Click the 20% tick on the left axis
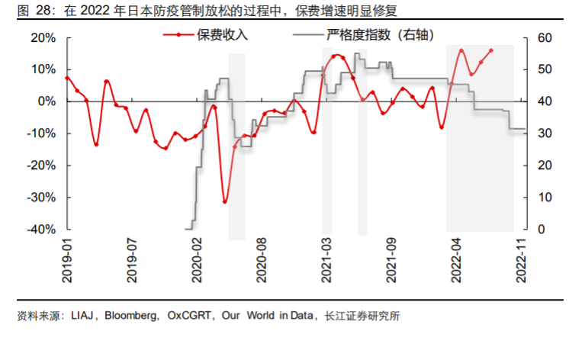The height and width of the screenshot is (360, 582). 44,37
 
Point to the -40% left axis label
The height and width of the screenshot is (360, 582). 43,230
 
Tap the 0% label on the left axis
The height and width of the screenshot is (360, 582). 48,101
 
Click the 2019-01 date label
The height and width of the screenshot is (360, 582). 68,260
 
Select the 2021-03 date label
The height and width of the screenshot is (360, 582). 327,260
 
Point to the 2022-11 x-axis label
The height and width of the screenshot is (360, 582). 522,260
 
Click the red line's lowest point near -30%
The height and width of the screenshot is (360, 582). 225,201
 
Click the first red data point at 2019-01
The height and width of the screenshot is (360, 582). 67,78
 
